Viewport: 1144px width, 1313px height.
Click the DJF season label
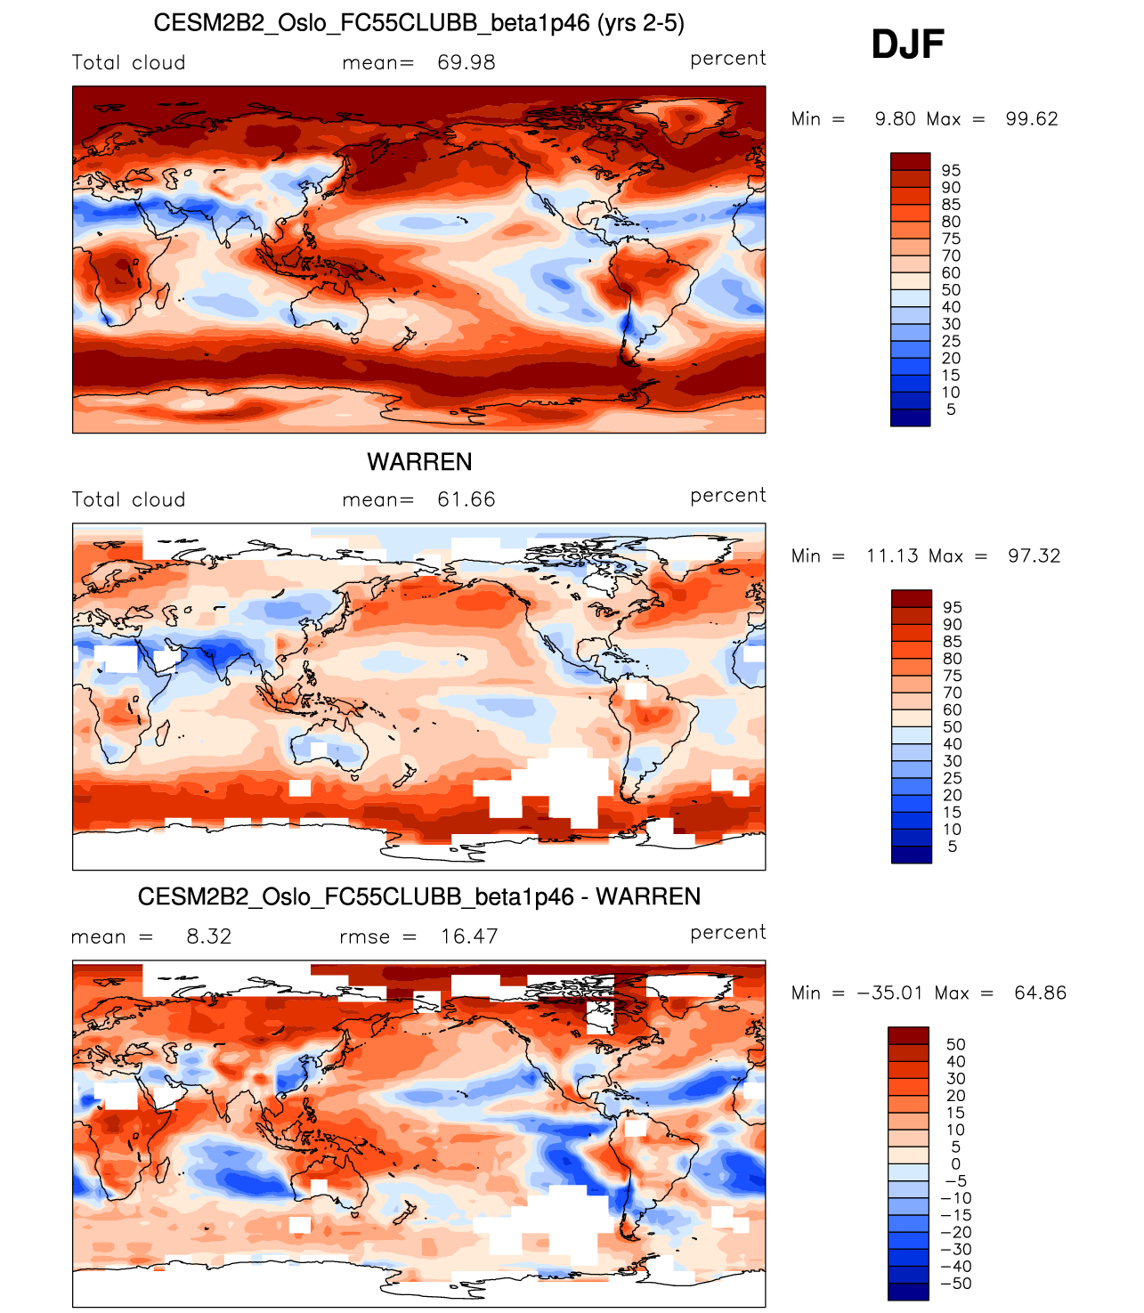tap(906, 45)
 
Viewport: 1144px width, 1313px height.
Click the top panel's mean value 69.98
tap(466, 62)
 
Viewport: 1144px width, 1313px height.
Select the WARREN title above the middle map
tap(419, 462)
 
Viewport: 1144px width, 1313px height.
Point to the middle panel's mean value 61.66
tap(466, 499)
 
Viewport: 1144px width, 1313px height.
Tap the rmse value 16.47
tap(469, 936)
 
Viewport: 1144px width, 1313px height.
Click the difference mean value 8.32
tap(208, 936)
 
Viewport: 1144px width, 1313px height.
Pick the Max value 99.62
tap(1031, 119)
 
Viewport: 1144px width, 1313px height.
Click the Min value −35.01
tap(889, 993)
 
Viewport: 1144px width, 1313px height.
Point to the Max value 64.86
tap(1040, 993)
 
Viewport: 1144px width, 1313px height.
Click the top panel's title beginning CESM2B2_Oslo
tap(418, 23)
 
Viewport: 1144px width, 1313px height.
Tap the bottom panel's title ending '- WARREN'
tap(418, 896)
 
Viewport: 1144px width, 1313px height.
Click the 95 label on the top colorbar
tap(951, 170)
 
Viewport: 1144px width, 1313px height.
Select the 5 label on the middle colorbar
tap(952, 847)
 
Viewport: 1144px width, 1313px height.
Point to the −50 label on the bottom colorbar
tap(956, 1284)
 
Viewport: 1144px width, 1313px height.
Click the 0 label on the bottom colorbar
tap(955, 1163)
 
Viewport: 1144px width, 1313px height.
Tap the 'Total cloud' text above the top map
tap(128, 62)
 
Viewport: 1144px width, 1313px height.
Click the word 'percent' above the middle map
tap(727, 495)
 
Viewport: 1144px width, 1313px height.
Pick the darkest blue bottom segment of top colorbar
tap(910, 417)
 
